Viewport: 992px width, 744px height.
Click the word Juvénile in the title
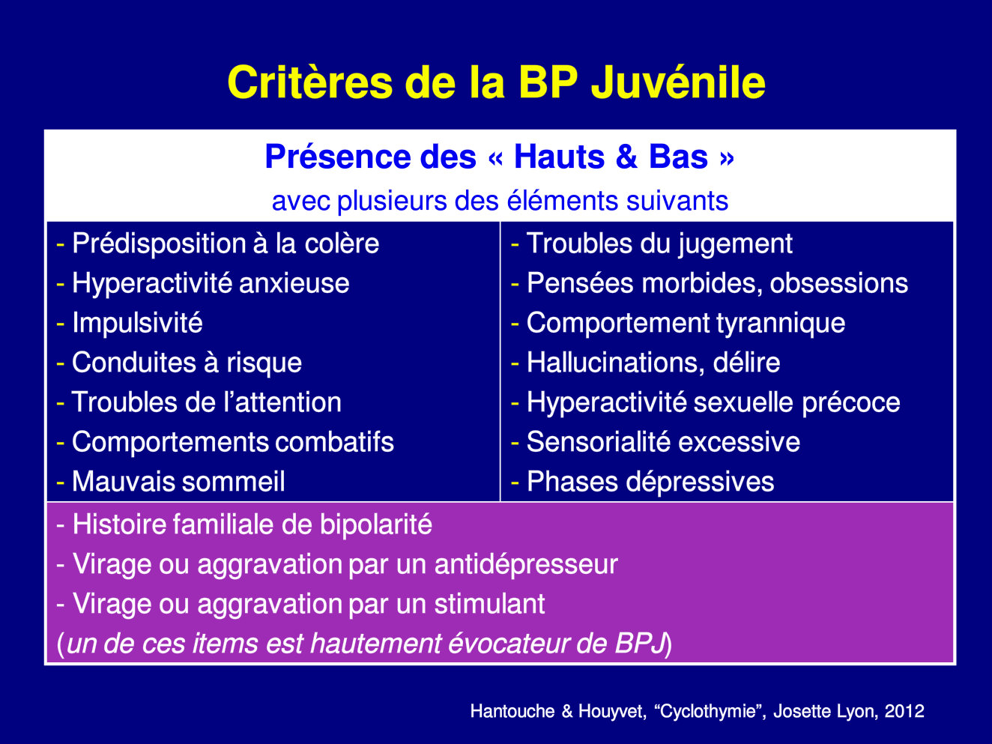tap(678, 82)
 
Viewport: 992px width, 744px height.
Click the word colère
tap(342, 244)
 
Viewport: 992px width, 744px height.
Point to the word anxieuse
tap(294, 284)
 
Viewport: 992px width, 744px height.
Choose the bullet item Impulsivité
tap(137, 323)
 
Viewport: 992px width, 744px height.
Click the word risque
tap(264, 363)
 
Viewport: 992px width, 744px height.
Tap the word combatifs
tap(334, 442)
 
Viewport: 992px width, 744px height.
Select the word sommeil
tap(233, 482)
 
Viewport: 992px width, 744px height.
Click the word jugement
tap(735, 244)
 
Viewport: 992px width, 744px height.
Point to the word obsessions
tap(839, 284)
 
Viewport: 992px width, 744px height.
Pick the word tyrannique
tap(781, 324)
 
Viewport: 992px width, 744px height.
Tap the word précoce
tap(851, 403)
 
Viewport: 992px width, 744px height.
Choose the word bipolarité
tap(376, 525)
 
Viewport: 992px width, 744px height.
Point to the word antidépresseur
tap(526, 565)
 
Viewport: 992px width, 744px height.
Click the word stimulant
tap(489, 604)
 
